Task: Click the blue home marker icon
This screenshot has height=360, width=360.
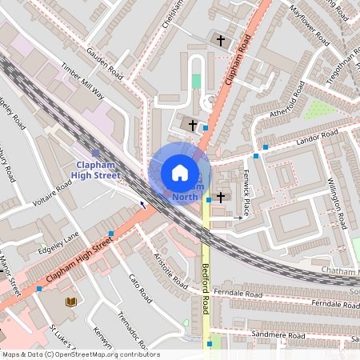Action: [x=180, y=173]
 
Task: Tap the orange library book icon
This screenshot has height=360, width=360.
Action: [x=71, y=302]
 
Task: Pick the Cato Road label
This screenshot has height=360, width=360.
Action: [x=140, y=289]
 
